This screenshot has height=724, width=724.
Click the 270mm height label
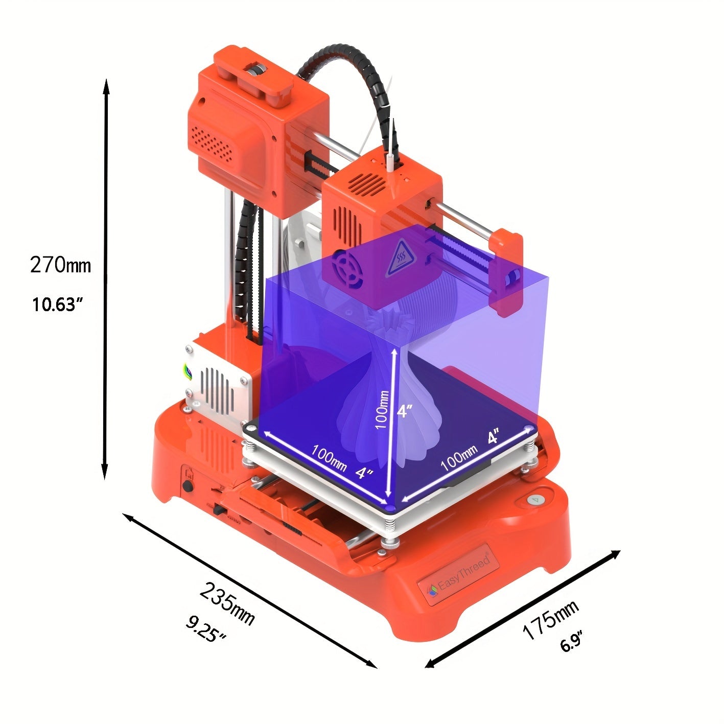(x=60, y=265)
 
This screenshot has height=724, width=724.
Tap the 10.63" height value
(x=57, y=305)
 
